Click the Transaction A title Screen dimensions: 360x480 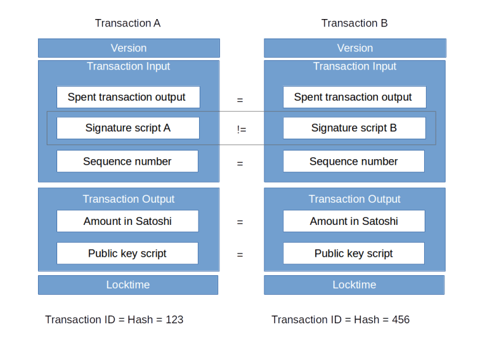pos(128,23)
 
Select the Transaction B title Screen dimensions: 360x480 pos(354,23)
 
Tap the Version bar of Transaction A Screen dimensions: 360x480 pos(128,48)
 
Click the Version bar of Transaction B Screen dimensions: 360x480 pos(355,48)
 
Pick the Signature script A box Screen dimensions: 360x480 pos(128,128)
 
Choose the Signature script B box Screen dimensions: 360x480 pos(354,128)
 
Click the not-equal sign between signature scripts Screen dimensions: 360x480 pos(242,129)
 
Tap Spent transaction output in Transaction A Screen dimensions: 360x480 pos(128,97)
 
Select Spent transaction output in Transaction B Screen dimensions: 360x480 pos(354,97)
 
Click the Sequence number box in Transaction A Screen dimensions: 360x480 pos(127,162)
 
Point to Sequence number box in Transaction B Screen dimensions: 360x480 pos(353,162)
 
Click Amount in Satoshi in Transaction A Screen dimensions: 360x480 pos(127,221)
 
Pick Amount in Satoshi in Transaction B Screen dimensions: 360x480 pos(353,221)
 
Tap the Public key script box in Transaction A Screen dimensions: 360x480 pos(127,253)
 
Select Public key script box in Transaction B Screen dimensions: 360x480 pos(353,253)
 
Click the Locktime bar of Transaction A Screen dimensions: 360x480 pos(128,285)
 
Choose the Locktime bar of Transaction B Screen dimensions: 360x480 pos(354,285)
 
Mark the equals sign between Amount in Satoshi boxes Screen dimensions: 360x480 pos(240,222)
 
